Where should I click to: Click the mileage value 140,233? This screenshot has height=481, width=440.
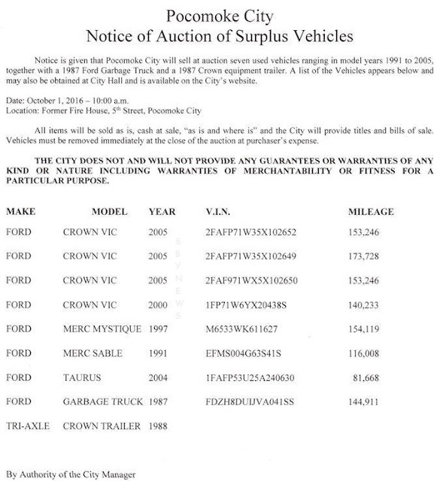click(x=376, y=305)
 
